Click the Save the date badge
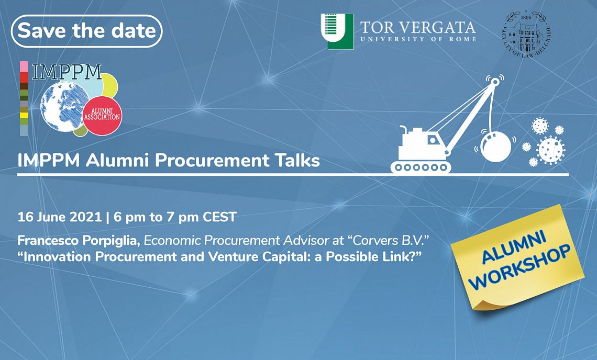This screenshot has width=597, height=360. click(87, 31)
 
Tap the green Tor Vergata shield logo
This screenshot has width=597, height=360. click(337, 31)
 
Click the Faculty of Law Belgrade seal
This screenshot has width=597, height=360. click(526, 34)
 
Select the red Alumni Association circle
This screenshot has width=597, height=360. click(102, 115)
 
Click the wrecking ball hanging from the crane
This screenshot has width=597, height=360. click(495, 147)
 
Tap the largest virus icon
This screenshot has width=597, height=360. click(550, 150)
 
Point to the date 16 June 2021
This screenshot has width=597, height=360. click(60, 217)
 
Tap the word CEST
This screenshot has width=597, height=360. click(220, 217)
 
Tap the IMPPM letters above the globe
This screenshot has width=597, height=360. click(67, 72)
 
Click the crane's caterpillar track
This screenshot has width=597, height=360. click(421, 167)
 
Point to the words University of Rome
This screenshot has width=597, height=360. click(418, 39)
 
